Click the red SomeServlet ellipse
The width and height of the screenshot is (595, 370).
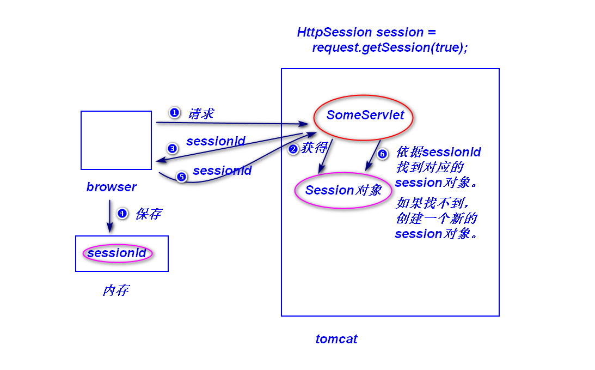coord(363,117)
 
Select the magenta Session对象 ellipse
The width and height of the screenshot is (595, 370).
coord(343,190)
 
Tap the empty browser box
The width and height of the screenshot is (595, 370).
coord(116,140)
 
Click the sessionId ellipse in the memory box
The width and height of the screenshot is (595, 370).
coord(117,253)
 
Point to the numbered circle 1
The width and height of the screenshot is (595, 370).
coord(174,112)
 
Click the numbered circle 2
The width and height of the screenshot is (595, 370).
coord(293,149)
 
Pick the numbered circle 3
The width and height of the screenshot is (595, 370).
coord(172,148)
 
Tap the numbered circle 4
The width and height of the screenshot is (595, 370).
coord(122,213)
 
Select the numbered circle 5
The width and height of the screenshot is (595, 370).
coord(181,177)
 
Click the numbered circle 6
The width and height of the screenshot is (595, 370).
coord(382,154)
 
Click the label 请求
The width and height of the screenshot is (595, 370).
coord(200,113)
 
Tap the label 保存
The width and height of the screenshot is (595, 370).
coord(148,214)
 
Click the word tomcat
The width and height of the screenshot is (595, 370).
coord(336,339)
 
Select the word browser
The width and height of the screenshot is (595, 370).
coord(111,187)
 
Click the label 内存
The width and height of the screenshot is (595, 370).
coord(115,290)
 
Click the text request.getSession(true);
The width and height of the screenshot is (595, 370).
coord(390,47)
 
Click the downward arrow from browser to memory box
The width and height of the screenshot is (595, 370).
coord(109,216)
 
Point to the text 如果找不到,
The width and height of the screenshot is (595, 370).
coord(433,203)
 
